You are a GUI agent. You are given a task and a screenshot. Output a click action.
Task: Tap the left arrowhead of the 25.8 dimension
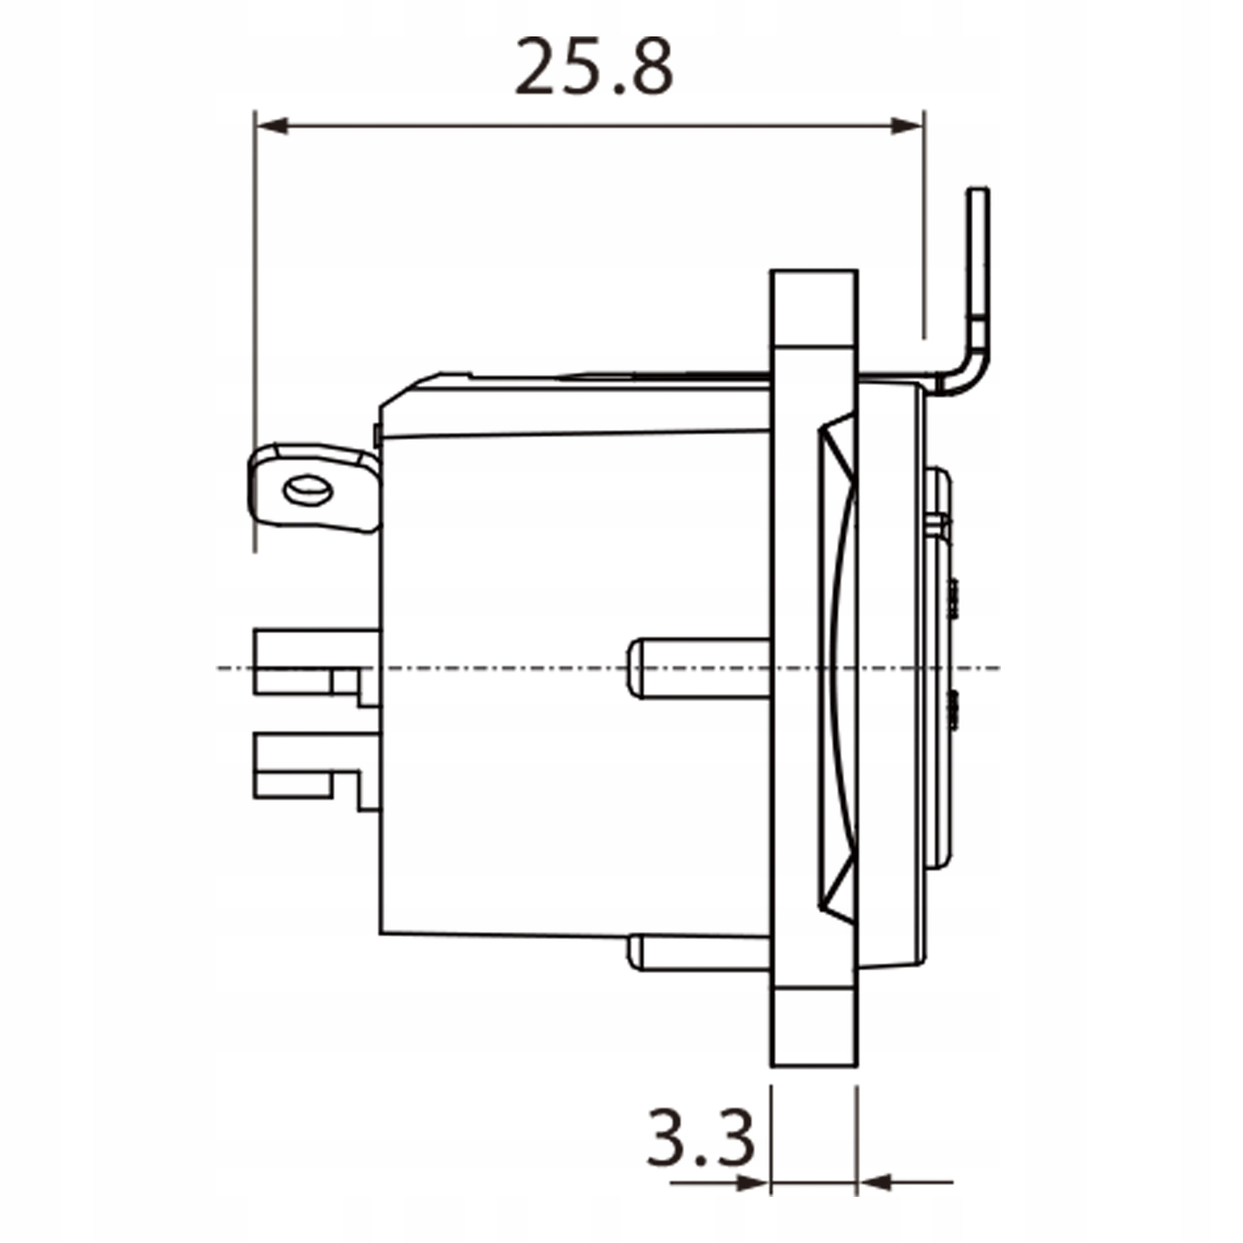point(271,126)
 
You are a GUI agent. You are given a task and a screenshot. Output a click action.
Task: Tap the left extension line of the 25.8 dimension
point(255,322)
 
